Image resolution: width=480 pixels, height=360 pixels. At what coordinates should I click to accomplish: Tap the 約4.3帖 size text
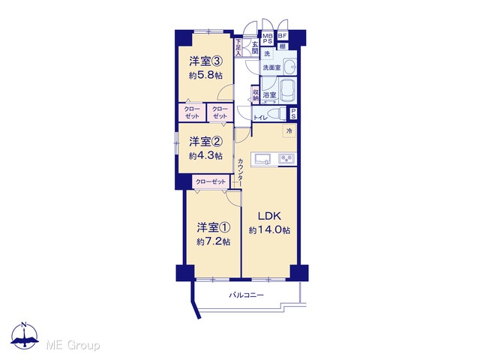click(205, 156)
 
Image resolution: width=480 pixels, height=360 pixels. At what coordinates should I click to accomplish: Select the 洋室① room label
click(213, 227)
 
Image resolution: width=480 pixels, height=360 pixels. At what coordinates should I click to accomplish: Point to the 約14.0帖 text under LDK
click(269, 230)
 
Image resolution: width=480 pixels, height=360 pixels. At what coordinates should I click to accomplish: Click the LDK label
click(269, 216)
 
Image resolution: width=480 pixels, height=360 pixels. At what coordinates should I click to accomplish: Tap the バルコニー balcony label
click(247, 295)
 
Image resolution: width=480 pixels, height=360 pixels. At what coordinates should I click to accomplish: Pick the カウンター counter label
click(240, 172)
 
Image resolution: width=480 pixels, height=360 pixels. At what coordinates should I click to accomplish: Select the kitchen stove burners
click(286, 159)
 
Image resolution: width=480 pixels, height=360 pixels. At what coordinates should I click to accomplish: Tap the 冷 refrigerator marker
click(289, 131)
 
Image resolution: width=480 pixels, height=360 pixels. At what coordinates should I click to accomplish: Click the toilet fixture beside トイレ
click(277, 114)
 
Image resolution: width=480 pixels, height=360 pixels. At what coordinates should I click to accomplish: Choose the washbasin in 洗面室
click(289, 67)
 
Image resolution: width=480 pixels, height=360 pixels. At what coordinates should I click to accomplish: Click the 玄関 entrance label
click(255, 47)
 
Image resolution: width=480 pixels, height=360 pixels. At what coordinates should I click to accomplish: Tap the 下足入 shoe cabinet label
click(238, 47)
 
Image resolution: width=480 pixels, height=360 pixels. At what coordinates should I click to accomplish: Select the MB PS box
click(268, 38)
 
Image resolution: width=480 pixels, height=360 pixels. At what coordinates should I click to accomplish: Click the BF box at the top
click(282, 36)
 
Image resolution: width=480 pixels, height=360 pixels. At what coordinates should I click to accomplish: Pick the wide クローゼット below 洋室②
click(211, 181)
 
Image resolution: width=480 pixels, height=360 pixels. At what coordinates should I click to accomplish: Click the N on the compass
click(24, 325)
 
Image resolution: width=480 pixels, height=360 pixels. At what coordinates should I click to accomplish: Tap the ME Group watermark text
click(73, 345)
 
